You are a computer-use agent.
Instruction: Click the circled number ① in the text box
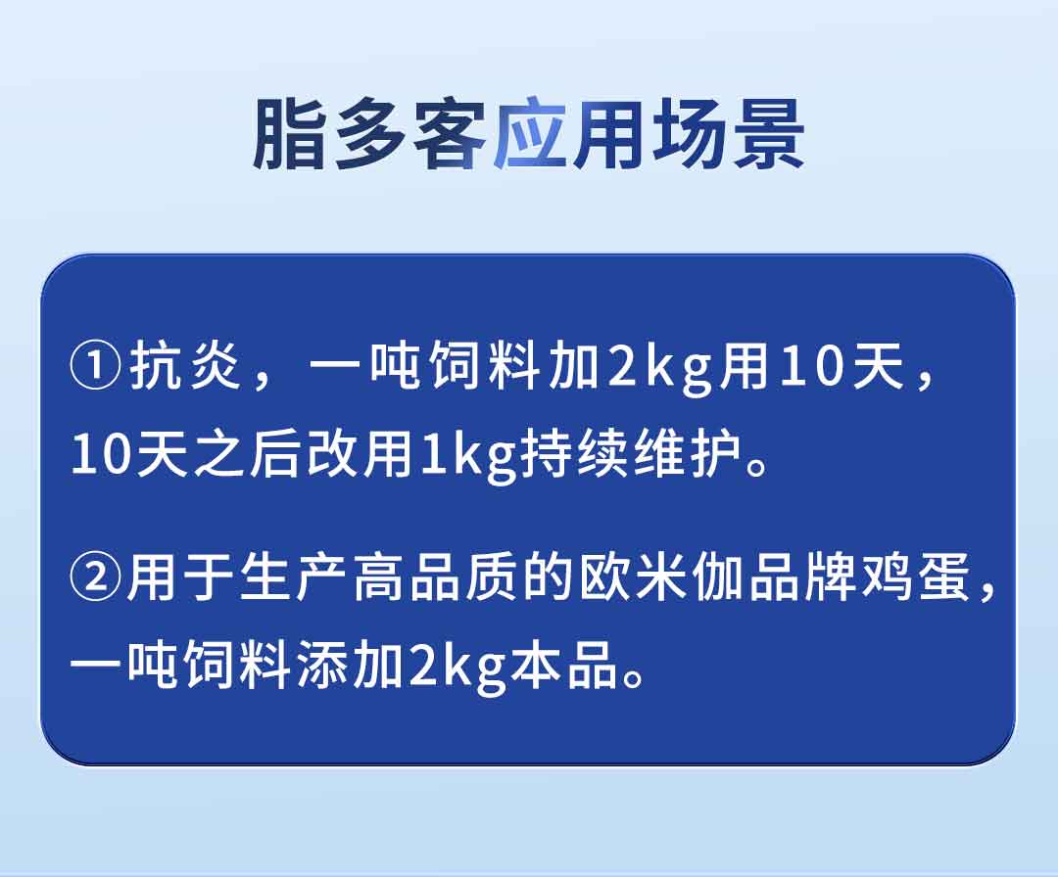click(x=96, y=367)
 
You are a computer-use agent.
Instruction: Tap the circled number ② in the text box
click(x=96, y=577)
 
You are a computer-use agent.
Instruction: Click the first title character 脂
click(x=290, y=133)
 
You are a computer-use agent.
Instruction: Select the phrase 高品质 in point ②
click(x=437, y=577)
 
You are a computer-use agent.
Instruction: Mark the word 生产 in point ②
click(x=294, y=577)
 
